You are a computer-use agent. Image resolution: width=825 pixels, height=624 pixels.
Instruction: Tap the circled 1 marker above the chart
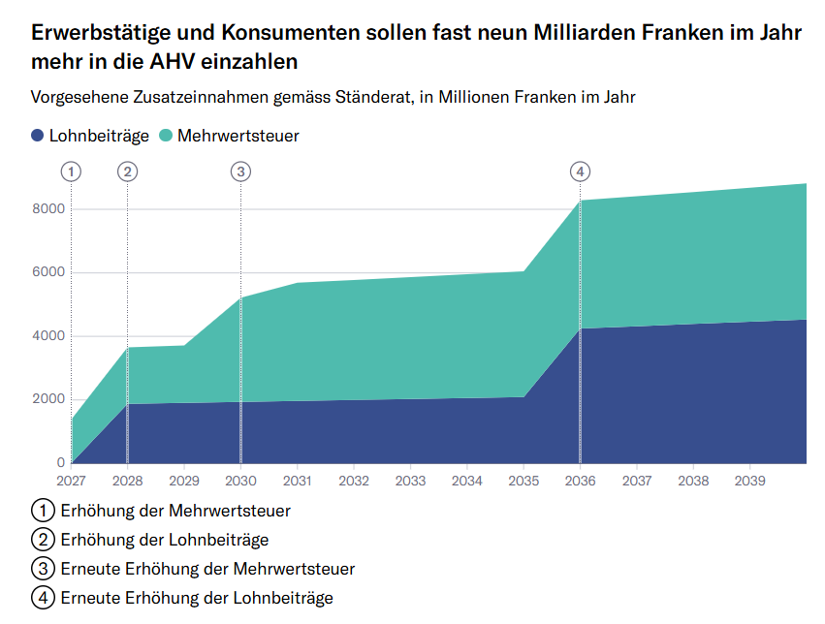(71, 172)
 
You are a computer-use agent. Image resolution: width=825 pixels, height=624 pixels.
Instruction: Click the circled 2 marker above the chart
(127, 172)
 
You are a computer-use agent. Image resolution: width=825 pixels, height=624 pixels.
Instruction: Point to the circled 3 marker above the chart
(240, 172)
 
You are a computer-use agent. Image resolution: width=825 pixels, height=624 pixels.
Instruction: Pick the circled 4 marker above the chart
(580, 172)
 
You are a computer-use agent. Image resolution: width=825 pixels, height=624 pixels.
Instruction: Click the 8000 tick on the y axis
(48, 209)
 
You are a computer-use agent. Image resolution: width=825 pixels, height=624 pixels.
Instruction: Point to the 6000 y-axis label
(48, 272)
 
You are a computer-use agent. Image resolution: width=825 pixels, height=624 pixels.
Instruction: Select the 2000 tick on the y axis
(48, 399)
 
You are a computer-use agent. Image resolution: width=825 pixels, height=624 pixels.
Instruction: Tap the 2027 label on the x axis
(71, 481)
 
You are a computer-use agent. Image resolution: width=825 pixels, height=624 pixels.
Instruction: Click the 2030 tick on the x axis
(240, 481)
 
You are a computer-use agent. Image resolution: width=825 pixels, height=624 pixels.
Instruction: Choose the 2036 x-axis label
(580, 481)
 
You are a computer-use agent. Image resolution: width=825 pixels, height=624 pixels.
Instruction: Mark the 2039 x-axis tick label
(749, 481)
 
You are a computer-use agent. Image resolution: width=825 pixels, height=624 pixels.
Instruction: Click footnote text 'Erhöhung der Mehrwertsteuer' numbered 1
(175, 510)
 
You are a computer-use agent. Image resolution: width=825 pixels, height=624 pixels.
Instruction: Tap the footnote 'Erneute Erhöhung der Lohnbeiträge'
(197, 598)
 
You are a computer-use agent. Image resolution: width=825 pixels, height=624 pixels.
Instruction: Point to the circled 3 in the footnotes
(43, 569)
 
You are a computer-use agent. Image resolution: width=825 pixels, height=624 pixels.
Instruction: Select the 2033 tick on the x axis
(410, 481)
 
